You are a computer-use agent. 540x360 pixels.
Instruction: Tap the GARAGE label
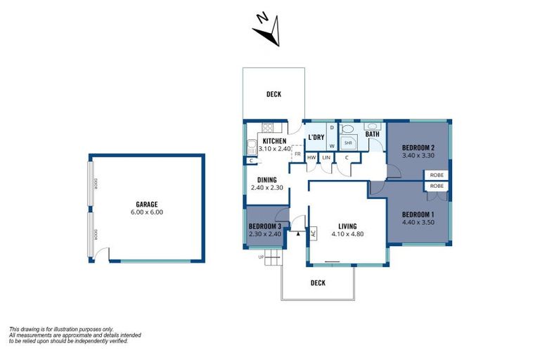pos(146,203)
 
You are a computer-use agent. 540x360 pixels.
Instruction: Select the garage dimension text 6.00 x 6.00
pos(146,212)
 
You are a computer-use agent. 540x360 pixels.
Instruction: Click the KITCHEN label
pos(274,141)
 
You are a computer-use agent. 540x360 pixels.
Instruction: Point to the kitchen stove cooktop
pos(266,127)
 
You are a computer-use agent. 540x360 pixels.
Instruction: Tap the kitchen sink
pos(251,147)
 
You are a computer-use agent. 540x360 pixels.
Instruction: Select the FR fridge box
pos(297,153)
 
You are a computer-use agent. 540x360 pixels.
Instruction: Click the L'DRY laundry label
pos(315,137)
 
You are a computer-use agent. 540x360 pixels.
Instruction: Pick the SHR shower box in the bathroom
pos(347,142)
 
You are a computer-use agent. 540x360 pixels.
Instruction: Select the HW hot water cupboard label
pos(311,157)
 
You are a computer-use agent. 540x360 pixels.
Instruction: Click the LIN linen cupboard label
pos(326,157)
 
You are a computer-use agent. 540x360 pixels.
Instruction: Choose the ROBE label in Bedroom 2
pos(437,174)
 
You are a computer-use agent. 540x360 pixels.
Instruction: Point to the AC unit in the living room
pos(313,233)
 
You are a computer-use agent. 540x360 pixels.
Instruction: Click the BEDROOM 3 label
pos(265,226)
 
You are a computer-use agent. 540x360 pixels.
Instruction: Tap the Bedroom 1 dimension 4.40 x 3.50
pos(418,222)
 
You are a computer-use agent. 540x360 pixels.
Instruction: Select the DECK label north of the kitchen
pos(274,94)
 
